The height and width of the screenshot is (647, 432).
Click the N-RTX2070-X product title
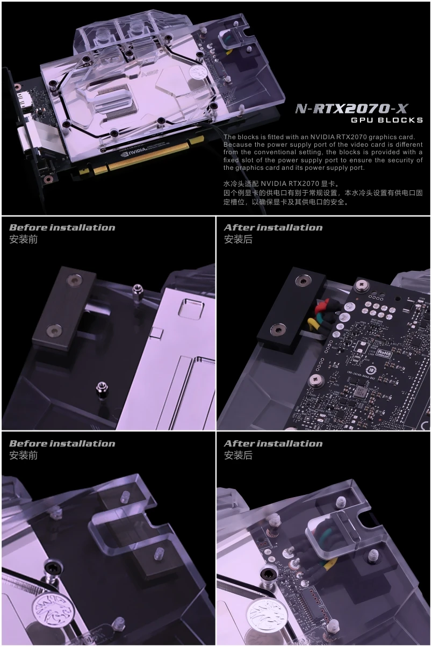pyautogui.click(x=351, y=109)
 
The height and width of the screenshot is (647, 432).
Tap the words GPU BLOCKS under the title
pyautogui.click(x=387, y=120)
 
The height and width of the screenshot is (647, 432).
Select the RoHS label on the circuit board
pyautogui.click(x=384, y=353)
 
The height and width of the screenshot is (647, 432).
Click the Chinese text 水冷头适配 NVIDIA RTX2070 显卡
pyautogui.click(x=281, y=183)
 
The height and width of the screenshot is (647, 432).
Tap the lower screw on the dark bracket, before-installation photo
pyautogui.click(x=54, y=330)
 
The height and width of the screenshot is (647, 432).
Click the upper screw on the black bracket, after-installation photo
pyautogui.click(x=303, y=280)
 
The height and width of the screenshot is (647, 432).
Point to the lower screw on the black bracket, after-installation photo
pyautogui.click(x=279, y=329)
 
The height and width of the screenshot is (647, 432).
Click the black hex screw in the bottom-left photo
pyautogui.click(x=53, y=568)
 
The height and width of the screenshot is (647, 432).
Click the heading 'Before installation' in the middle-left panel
pyautogui.click(x=62, y=227)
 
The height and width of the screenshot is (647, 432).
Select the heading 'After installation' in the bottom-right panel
pyautogui.click(x=273, y=443)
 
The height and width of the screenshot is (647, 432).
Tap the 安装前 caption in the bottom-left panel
pyautogui.click(x=24, y=455)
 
